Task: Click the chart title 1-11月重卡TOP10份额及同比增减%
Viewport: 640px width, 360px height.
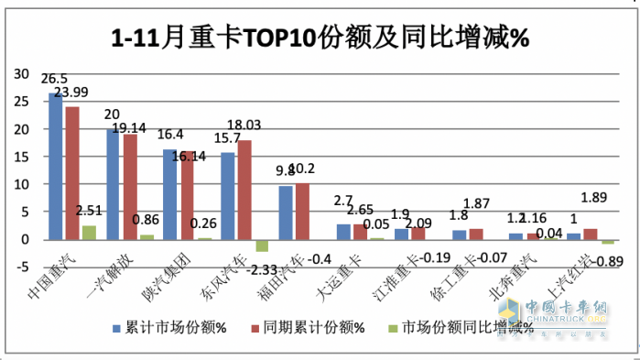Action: coord(320,38)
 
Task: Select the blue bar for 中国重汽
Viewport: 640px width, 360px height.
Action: coord(55,166)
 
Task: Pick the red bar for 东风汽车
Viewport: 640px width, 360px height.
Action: coord(243,190)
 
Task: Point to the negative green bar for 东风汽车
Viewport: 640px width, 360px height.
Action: coord(261,245)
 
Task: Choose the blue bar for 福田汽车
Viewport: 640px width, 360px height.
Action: coord(285,213)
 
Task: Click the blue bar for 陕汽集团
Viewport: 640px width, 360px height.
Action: coord(169,194)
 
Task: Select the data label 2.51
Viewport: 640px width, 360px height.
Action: coord(89,212)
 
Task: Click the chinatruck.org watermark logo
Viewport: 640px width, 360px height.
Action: coord(559,316)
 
